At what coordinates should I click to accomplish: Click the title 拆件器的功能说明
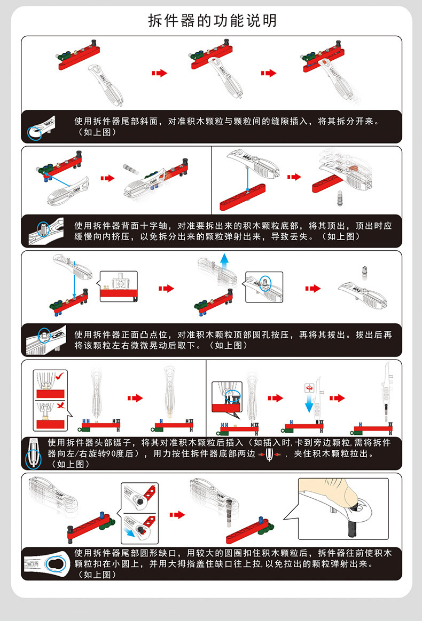tap(212, 21)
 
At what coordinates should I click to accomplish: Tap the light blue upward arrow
tap(224, 262)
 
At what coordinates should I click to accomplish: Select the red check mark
tap(60, 376)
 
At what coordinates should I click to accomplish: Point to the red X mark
tap(61, 405)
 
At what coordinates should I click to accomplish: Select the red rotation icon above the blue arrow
tap(309, 388)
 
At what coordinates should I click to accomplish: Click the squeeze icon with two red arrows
tap(269, 454)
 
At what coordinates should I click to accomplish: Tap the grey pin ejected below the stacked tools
tap(339, 198)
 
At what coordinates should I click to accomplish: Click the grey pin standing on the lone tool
tap(364, 273)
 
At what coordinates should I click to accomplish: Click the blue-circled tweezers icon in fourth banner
tap(33, 454)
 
